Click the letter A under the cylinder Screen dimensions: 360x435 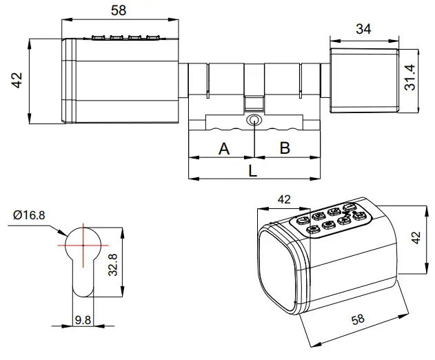[224, 148]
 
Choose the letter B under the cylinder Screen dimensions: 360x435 [284, 148]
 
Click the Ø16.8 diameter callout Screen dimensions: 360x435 [29, 215]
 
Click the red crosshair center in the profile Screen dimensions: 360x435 [82, 244]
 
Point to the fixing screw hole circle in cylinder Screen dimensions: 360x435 [255, 121]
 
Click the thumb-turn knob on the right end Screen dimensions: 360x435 [364, 80]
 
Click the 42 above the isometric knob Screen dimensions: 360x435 [283, 199]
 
